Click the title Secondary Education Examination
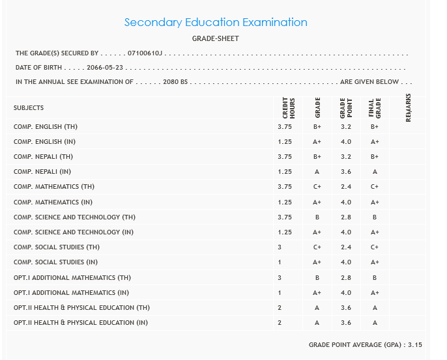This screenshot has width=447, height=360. (216, 22)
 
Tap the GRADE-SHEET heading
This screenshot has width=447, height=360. (216, 39)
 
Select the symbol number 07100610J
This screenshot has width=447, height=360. (145, 53)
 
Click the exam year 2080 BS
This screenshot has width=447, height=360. (175, 82)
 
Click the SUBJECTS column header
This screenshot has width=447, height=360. (29, 108)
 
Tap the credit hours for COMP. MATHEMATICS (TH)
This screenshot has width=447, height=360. (285, 187)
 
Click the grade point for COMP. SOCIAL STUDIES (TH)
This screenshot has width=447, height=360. (346, 247)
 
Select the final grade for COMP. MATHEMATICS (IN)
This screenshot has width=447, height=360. (375, 202)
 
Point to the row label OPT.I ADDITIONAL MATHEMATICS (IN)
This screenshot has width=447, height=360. (72, 293)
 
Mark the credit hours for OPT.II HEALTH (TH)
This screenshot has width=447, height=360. (280, 308)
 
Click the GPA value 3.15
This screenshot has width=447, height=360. (415, 344)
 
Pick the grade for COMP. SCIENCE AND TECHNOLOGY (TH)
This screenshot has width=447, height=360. (317, 217)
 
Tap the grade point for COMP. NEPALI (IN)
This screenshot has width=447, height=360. (346, 172)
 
